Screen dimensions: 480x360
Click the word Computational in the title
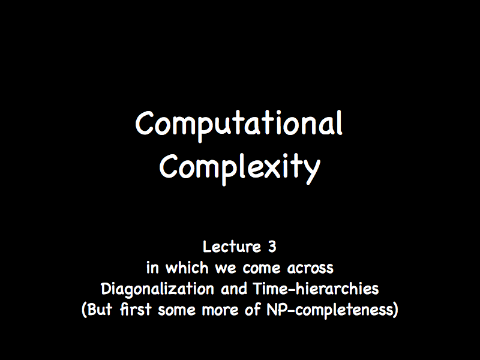point(239,125)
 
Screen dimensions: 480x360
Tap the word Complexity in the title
point(239,169)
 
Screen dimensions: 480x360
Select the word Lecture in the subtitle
point(232,247)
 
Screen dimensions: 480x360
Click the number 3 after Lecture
point(272,247)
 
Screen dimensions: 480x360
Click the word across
point(310,268)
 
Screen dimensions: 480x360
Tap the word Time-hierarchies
point(316,289)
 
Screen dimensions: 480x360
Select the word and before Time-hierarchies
point(234,289)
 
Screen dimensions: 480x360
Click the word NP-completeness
point(332,310)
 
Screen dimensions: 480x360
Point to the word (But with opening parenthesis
point(97,310)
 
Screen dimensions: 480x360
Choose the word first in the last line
point(136,310)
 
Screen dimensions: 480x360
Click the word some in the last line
point(176,310)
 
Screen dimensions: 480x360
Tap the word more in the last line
point(220,310)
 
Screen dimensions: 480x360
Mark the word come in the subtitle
point(262,268)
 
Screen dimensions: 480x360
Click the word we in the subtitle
point(226,268)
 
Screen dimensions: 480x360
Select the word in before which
point(153,268)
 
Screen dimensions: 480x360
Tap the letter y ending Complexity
point(313,173)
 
